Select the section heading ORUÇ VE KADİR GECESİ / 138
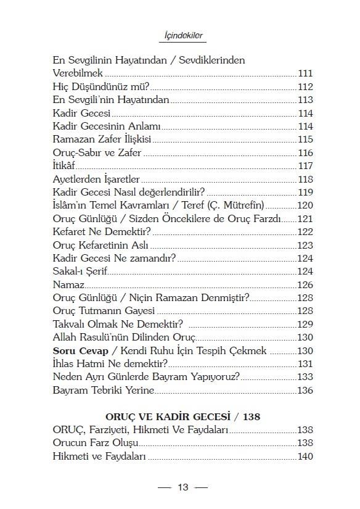[182, 417]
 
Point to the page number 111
[305, 73]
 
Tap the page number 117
[305, 165]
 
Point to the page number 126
[305, 284]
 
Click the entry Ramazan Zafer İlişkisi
[102, 139]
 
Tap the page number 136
[305, 390]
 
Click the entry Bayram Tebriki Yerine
[103, 390]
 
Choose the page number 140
[305, 457]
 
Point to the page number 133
[305, 377]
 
